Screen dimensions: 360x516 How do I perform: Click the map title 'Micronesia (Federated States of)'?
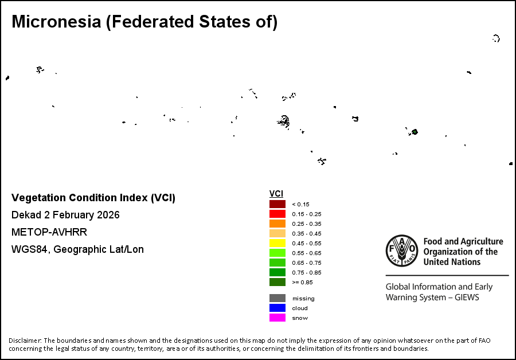tap(144, 22)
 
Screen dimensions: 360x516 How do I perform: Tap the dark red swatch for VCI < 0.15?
tap(277, 204)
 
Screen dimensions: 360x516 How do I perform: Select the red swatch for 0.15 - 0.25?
tap(277, 214)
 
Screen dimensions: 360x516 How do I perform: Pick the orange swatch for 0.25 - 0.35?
tap(277, 224)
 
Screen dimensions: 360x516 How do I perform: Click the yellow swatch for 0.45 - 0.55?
tap(277, 243)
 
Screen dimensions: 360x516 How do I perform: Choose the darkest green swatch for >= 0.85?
tap(277, 282)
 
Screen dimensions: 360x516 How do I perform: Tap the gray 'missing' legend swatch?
tap(277, 298)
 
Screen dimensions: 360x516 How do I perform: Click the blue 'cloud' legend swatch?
tap(277, 308)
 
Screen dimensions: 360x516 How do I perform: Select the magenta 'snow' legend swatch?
tap(277, 318)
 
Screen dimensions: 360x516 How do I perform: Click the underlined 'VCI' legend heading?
tap(276, 194)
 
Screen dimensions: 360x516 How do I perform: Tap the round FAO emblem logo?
tap(402, 251)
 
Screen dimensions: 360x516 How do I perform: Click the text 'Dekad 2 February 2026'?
tap(65, 215)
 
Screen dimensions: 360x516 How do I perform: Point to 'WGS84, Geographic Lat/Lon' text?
tap(77, 249)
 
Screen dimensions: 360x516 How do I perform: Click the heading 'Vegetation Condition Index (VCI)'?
tap(93, 198)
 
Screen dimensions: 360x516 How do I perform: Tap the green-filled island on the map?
tap(414, 132)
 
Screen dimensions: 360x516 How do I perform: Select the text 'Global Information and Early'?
tap(437, 287)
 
